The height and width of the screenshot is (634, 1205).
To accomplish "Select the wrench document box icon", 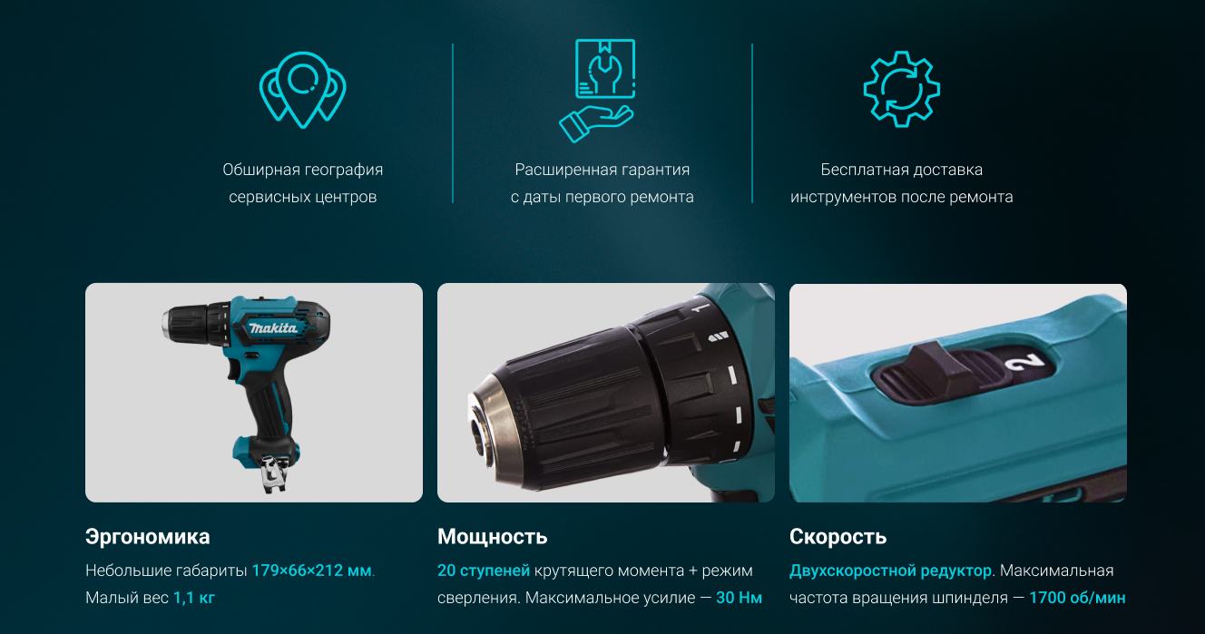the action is point(605,68).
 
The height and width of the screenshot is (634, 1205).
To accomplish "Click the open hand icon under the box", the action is point(595,123).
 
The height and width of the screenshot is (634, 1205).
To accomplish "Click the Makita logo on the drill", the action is point(273,327).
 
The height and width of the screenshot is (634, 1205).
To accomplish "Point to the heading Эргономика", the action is point(147,537).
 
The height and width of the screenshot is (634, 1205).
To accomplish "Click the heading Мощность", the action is point(492,537).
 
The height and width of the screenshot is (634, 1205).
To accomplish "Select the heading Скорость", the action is point(838,537).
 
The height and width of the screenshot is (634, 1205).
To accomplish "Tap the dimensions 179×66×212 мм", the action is point(311,571).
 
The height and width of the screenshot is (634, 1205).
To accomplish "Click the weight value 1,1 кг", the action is point(193,598).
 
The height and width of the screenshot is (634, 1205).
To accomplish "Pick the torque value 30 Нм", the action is point(739,598).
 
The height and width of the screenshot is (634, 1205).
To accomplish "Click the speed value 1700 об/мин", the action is point(1077,598).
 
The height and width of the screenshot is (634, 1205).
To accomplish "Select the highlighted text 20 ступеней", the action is point(484,571).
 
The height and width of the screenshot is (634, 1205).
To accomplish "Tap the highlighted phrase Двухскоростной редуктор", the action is point(890,571).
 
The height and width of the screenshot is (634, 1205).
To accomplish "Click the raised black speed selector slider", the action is point(939,371).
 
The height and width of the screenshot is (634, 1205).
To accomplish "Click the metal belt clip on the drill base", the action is point(273,473).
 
